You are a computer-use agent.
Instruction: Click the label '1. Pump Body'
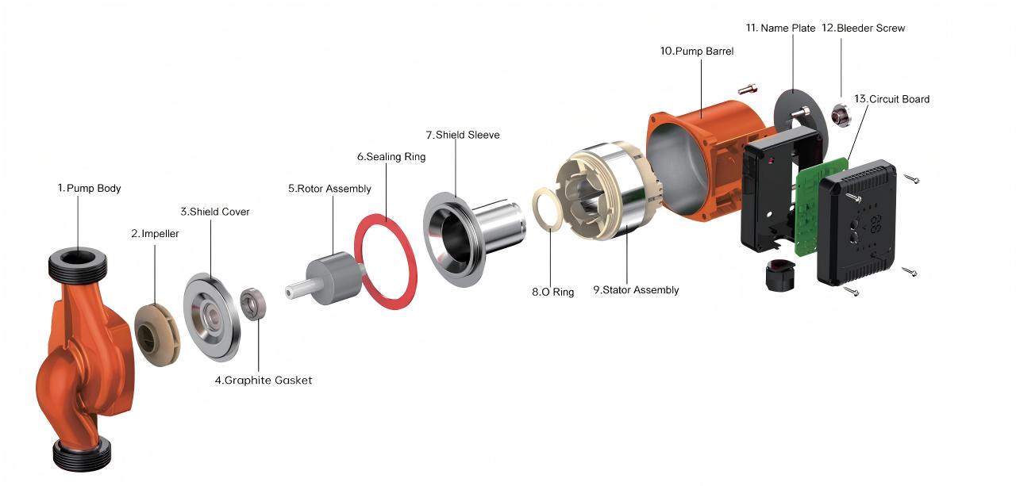[x=90, y=188]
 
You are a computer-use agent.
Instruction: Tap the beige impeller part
[x=157, y=335]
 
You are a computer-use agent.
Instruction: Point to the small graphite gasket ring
[x=252, y=304]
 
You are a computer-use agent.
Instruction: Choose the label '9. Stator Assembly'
[x=636, y=290]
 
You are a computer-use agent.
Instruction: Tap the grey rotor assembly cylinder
[x=335, y=277]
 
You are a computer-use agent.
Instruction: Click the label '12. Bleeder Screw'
[x=863, y=28]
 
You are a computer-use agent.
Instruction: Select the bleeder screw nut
[x=841, y=115]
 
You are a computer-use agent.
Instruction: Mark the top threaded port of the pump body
[x=78, y=263]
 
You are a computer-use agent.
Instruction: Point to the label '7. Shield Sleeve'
[x=463, y=135]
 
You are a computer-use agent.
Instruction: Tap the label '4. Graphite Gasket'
[x=264, y=381]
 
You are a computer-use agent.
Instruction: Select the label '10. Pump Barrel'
[x=697, y=52]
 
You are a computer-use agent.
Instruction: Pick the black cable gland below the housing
[x=779, y=275]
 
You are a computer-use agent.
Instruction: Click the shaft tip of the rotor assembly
[x=290, y=292]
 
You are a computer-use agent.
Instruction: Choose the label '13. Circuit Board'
[x=891, y=99]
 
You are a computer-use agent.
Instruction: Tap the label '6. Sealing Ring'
[x=391, y=157]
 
